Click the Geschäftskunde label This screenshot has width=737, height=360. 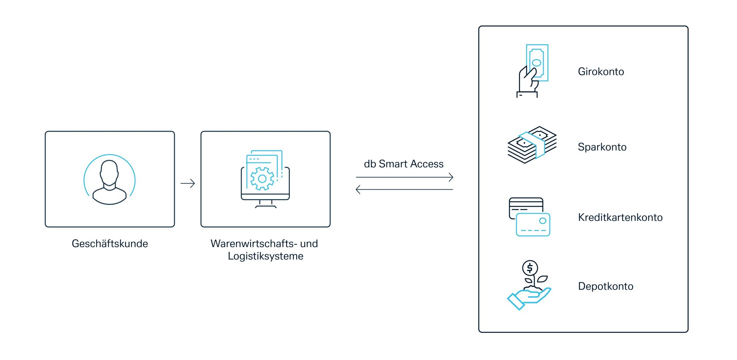110,244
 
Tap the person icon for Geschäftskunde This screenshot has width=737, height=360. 109,180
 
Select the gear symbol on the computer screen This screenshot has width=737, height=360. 262,178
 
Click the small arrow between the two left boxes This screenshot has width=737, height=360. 188,183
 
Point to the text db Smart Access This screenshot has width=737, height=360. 403,164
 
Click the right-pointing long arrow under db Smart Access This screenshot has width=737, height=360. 405,177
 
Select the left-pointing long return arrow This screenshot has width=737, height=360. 405,189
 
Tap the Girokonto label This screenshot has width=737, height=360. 601,72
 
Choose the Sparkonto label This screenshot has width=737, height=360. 602,147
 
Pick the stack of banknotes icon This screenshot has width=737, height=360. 532,145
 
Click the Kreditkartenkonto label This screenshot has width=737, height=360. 620,218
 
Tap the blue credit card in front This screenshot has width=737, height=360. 533,225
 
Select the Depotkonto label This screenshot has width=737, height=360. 605,286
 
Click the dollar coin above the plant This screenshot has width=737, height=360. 530,268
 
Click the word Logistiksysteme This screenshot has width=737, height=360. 265,256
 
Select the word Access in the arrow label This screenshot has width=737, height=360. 426,164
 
